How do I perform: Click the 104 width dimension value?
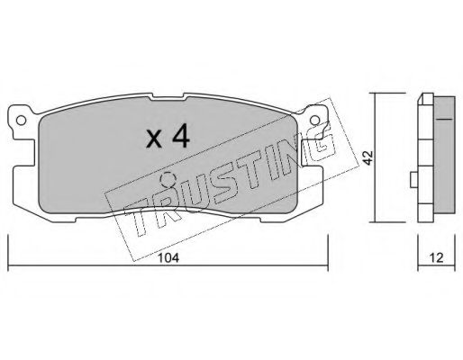click(x=168, y=257)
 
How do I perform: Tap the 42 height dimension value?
click(x=368, y=157)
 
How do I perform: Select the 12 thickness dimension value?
click(x=436, y=257)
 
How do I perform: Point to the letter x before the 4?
click(x=154, y=139)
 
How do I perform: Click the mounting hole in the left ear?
click(x=21, y=121)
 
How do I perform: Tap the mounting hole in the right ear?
click(x=315, y=121)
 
